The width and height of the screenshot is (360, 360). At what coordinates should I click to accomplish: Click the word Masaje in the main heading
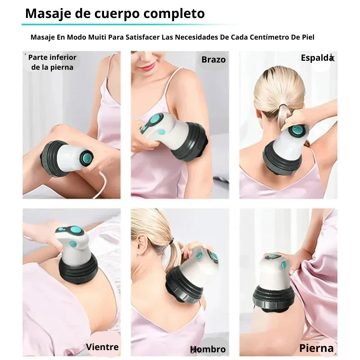click(x=49, y=13)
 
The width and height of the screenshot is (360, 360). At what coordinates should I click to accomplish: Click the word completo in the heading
click(x=174, y=14)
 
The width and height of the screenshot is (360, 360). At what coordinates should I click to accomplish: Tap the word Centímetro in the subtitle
click(x=270, y=37)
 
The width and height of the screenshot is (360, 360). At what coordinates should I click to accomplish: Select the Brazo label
click(x=213, y=60)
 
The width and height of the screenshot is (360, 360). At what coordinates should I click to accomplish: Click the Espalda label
click(x=318, y=58)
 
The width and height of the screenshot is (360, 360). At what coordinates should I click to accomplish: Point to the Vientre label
click(x=103, y=346)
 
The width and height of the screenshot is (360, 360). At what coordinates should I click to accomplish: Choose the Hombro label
click(x=208, y=349)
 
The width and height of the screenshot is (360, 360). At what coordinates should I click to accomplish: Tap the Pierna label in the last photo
click(x=316, y=348)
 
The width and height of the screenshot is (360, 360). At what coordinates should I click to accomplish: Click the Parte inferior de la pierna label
click(x=52, y=62)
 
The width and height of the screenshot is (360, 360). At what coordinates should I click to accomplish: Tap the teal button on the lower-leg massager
click(x=87, y=157)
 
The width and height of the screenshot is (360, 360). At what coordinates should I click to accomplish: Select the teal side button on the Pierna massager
click(x=284, y=265)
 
